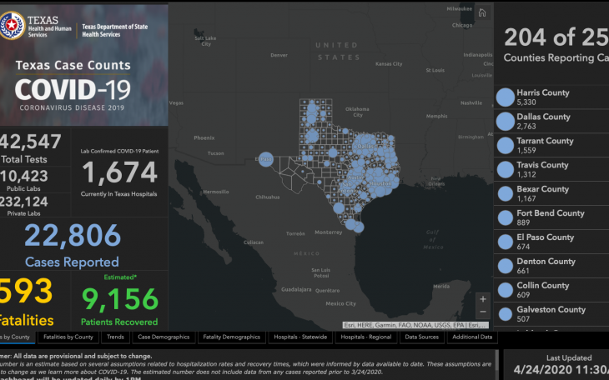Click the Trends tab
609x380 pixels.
(x=114, y=337)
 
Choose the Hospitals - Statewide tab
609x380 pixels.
(x=300, y=337)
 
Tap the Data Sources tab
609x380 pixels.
(x=421, y=337)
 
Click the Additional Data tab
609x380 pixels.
(x=473, y=337)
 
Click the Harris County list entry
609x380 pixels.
(x=542, y=97)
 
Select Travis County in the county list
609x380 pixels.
(x=542, y=169)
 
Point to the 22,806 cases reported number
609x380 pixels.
(x=72, y=237)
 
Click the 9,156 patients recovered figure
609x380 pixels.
(x=119, y=298)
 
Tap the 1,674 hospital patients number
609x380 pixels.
(x=119, y=172)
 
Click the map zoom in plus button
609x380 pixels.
(x=482, y=298)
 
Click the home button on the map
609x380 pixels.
(x=482, y=13)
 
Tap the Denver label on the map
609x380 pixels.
(x=279, y=55)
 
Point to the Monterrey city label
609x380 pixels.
(x=329, y=232)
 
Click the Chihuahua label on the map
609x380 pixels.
(x=268, y=197)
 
